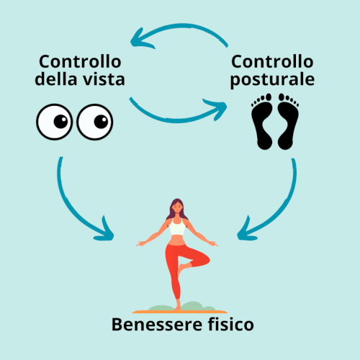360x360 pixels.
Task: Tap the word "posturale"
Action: [x=272, y=81]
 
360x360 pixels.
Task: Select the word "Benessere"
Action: [x=157, y=325]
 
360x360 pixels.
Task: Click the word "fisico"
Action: [x=230, y=324]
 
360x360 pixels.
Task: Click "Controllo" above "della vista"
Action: [x=80, y=61]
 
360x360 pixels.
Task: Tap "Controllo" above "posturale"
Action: [x=272, y=61]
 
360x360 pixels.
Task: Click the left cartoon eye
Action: [x=55, y=122]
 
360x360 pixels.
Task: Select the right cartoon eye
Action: [x=95, y=122]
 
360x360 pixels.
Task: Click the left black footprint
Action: [x=261, y=122]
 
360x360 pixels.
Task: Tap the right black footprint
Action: [x=288, y=122]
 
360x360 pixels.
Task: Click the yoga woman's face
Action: [x=177, y=207]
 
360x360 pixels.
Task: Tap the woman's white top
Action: [x=177, y=227]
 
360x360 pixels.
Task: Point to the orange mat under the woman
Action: [x=180, y=312]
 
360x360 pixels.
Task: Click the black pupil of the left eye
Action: [x=60, y=122]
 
